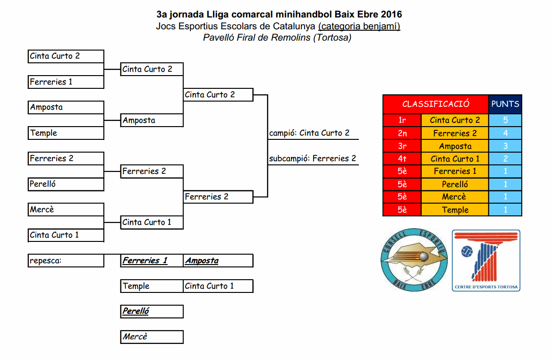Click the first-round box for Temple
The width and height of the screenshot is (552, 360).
point(66,133)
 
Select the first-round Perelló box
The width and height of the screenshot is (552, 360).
point(66,184)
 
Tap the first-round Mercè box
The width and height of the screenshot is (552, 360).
point(66,210)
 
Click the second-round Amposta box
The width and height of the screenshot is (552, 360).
point(152,120)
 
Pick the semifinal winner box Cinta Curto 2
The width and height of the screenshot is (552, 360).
point(218,95)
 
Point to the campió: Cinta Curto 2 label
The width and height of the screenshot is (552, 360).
point(309,133)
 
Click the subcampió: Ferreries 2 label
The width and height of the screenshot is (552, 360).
point(313,159)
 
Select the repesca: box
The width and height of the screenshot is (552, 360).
point(66,261)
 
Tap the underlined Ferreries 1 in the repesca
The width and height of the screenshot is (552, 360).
point(145,261)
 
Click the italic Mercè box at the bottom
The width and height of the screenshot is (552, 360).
point(152,337)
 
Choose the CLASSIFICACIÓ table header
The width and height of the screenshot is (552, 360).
point(435,104)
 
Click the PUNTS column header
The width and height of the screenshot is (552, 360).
point(505,104)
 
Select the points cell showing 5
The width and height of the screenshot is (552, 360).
point(505,120)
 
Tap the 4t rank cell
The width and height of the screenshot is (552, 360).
point(402,159)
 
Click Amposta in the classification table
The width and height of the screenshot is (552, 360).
point(455,146)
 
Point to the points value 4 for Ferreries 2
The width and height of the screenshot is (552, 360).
point(505,133)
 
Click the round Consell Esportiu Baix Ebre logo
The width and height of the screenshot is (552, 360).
point(414,261)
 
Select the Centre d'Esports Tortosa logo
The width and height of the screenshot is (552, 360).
point(486,261)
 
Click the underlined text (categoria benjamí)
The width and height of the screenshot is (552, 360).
point(359,26)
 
